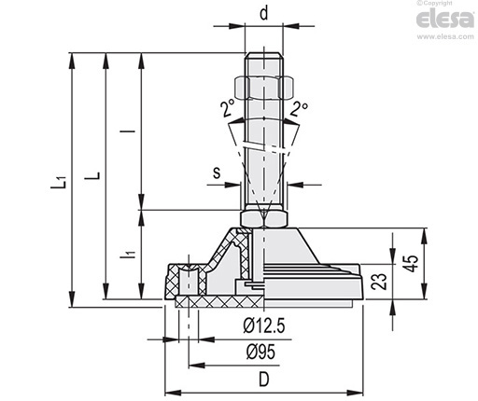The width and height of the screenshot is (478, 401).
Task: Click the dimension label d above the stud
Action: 264,14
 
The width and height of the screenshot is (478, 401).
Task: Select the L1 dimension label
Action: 59,182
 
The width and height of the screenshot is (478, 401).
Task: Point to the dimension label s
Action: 217,173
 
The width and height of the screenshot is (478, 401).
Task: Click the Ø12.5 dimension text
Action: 264,326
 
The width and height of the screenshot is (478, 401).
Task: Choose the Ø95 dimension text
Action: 260,353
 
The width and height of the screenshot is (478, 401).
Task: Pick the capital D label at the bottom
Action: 264,380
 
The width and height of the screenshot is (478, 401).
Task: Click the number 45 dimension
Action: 413,264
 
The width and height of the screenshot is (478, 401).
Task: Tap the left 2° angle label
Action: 228,108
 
